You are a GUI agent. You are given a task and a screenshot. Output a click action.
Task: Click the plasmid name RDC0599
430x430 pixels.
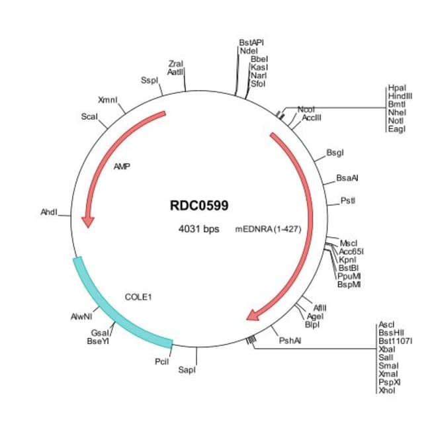(198, 206)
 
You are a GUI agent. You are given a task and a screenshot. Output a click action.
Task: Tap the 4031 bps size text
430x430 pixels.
(198, 230)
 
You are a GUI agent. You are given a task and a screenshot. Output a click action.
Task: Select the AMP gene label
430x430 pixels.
(122, 167)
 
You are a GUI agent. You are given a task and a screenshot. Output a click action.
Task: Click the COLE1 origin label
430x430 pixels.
(138, 297)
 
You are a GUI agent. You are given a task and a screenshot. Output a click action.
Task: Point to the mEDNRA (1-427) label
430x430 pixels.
(263, 230)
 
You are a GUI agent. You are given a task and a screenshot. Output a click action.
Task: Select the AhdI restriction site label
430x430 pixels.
(50, 213)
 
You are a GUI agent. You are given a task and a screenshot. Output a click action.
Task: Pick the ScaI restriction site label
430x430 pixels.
(89, 116)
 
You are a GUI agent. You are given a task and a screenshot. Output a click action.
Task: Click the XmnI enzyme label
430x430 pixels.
(107, 101)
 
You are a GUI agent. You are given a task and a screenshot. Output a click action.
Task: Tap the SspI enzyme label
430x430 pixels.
(150, 81)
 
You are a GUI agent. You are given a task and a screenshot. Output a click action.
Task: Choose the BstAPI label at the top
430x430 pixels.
(251, 42)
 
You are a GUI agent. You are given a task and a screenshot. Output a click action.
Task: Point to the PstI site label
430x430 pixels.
(348, 199)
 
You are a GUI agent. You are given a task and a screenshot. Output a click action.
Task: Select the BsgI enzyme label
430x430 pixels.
(335, 153)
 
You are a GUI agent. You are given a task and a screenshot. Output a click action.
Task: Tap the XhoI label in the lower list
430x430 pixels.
(387, 390)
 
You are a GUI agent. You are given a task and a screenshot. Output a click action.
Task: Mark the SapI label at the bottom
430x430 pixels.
(187, 370)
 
